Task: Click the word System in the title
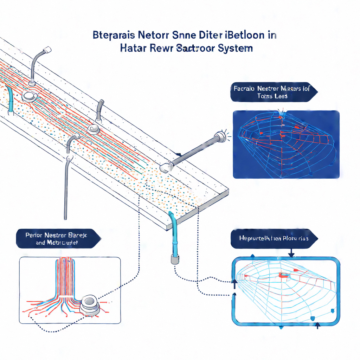pyautogui.click(x=234, y=48)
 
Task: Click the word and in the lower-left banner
pyautogui.click(x=41, y=242)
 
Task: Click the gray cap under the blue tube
pyautogui.click(x=174, y=259)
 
